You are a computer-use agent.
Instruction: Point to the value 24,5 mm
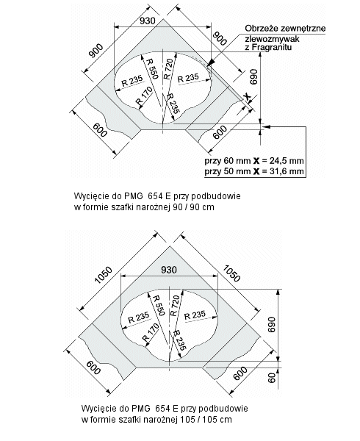point(287,160)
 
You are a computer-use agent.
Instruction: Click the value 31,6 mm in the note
point(287,171)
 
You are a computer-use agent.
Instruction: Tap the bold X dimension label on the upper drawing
point(248,97)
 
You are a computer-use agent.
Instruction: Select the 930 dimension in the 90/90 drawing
point(147,21)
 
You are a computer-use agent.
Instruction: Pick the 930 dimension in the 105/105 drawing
point(169,270)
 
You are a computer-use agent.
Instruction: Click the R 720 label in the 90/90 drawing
point(168,69)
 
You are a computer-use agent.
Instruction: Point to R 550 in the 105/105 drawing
point(159,306)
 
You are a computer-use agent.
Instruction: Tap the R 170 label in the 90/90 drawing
point(144,96)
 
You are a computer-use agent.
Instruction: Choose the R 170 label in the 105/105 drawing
point(151,332)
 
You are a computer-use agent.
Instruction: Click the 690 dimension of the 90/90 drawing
point(253,76)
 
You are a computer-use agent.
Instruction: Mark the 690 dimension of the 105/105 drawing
point(272,324)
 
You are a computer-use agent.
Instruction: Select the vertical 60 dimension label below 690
point(272,379)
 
